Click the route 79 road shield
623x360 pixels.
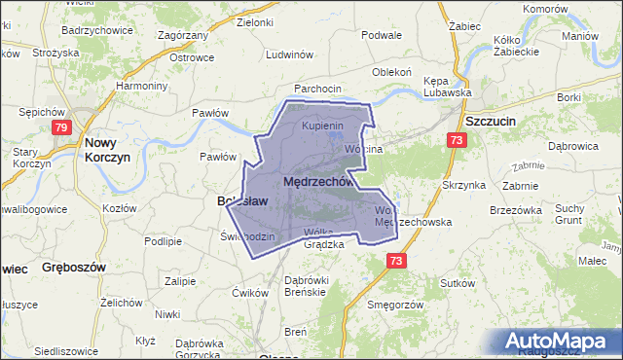pyautogui.click(x=61, y=126)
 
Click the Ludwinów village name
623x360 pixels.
pyautogui.click(x=286, y=54)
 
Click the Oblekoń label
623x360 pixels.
pyautogui.click(x=393, y=72)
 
